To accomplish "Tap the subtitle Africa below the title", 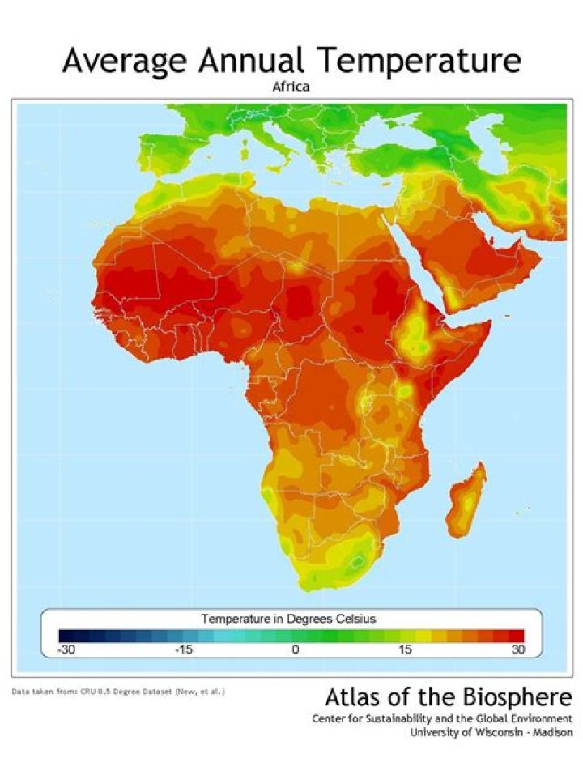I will coord(291,86).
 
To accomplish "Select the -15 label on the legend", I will coord(183,649).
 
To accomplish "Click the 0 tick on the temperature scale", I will coord(296,649).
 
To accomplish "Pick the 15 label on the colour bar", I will coord(406,649).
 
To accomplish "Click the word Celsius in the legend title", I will coord(351,619).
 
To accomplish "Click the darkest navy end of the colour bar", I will coord(66,635).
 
